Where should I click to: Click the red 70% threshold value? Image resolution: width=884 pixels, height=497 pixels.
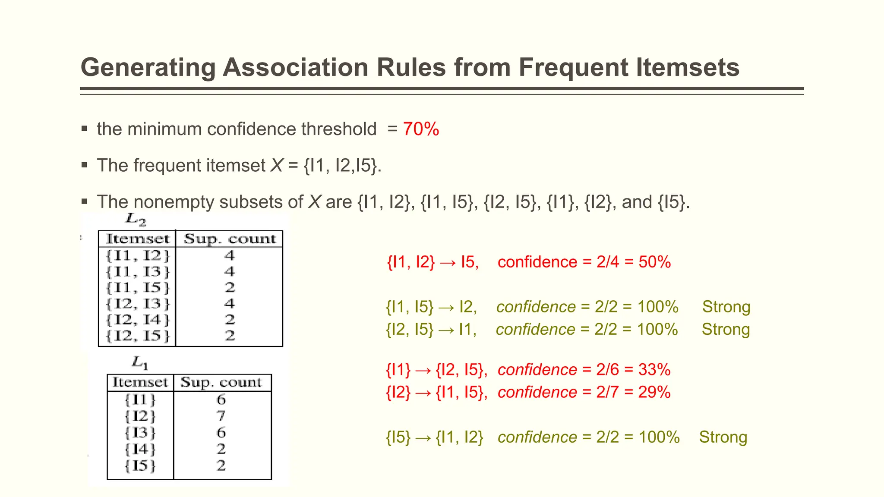421,129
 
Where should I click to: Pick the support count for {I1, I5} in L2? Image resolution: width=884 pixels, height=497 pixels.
230,288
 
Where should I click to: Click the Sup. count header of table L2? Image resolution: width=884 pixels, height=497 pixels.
230,239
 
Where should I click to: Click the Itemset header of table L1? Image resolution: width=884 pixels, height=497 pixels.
140,382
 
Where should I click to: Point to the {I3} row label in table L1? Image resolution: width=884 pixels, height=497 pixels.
140,432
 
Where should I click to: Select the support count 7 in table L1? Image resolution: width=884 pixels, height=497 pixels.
221,416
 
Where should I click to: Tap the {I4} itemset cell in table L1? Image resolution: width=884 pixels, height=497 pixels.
140,449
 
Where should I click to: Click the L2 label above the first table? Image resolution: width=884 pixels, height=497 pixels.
136,220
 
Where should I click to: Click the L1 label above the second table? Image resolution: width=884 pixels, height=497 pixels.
140,362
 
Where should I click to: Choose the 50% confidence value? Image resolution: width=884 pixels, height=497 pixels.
654,262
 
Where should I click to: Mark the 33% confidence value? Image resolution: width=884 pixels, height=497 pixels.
654,370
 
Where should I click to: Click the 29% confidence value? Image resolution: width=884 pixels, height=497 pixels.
654,392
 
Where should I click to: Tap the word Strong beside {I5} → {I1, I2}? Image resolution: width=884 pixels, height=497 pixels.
723,437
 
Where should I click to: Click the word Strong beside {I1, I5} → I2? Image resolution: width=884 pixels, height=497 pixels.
726,307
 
